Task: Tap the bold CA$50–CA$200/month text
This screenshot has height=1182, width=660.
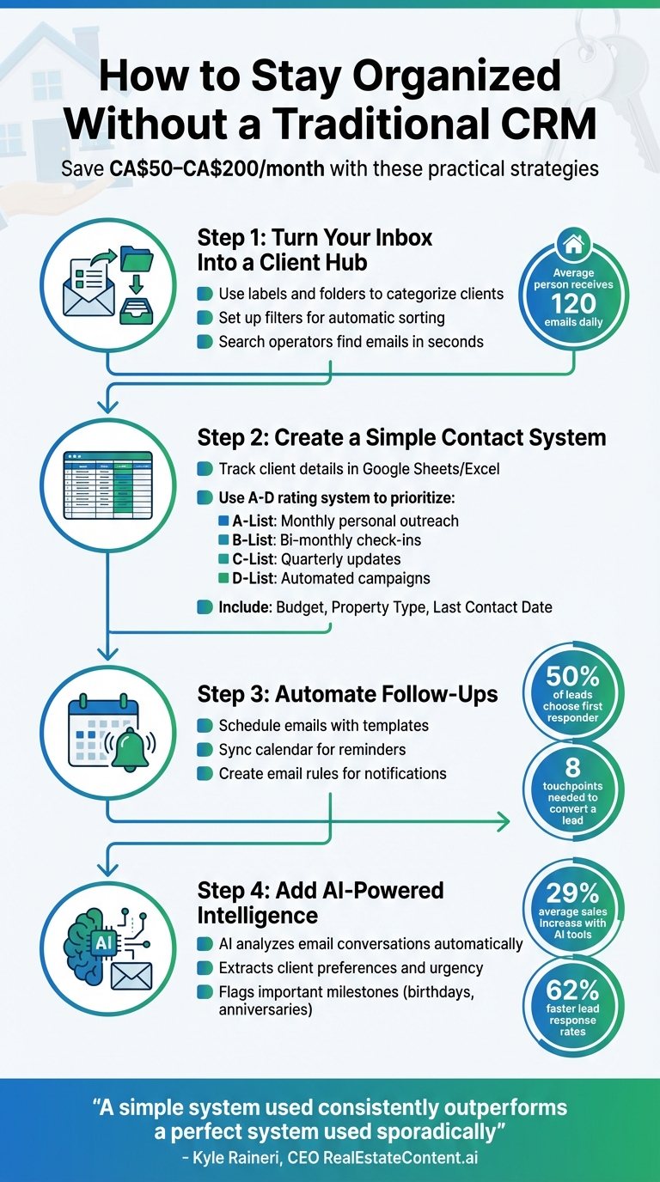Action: click(217, 168)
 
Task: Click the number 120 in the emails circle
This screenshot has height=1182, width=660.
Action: click(574, 303)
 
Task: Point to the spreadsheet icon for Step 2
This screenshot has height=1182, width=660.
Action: click(107, 484)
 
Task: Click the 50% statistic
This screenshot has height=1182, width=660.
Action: click(573, 677)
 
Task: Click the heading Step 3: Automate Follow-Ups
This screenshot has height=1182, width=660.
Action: click(347, 693)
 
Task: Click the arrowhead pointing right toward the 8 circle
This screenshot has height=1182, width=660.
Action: click(501, 824)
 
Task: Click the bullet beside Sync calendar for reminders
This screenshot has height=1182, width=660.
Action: click(205, 750)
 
